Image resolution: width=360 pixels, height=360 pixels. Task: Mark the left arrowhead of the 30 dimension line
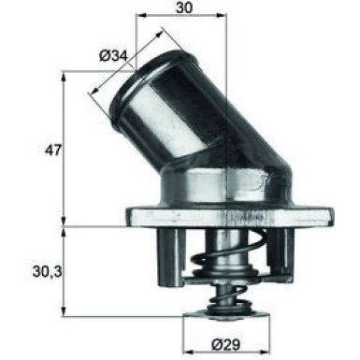(x=142, y=18)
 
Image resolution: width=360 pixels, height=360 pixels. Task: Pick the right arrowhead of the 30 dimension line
(x=224, y=18)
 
